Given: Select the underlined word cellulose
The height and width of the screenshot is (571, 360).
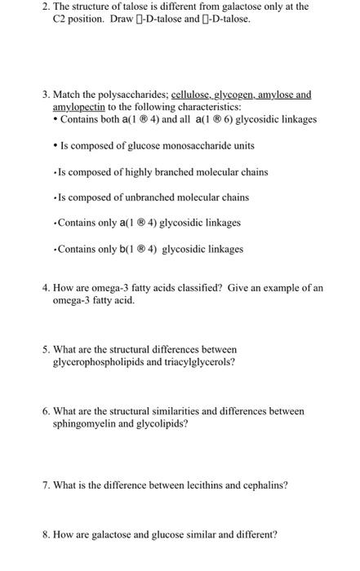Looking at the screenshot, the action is tap(192, 95).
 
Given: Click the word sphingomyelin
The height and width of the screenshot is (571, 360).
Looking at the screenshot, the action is tap(86, 424).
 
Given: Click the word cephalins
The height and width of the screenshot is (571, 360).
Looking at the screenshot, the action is tap(260, 485).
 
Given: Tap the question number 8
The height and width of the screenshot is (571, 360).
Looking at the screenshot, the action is tap(46, 535).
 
